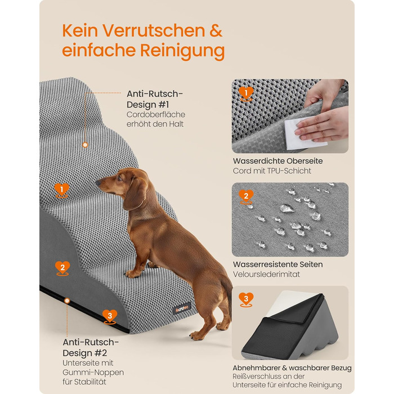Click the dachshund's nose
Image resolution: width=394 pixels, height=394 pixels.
click(97, 183)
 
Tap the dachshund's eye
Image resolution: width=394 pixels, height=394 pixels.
click(119, 178)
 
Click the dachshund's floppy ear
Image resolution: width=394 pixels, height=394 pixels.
click(135, 194)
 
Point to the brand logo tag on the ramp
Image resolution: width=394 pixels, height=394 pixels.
click(181, 308)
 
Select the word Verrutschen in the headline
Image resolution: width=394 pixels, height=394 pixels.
click(153, 31)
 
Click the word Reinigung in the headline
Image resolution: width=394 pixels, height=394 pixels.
click(182, 51)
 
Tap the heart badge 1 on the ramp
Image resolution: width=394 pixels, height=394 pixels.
click(61, 190)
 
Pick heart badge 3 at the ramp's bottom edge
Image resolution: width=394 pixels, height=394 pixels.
click(110, 317)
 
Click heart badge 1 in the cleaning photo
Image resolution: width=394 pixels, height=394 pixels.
click(246, 94)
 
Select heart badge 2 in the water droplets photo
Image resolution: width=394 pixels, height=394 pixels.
click(246, 197)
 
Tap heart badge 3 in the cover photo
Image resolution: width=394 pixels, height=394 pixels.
click(246, 299)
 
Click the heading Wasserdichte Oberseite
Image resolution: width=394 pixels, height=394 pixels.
click(277, 161)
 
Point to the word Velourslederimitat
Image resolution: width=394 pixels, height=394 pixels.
click(266, 274)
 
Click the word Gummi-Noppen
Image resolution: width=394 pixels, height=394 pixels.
click(93, 373)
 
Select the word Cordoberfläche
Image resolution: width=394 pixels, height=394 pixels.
click(156, 115)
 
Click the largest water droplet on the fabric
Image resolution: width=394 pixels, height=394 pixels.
click(286, 208)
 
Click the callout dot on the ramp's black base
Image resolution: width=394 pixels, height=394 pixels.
click(67, 301)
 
